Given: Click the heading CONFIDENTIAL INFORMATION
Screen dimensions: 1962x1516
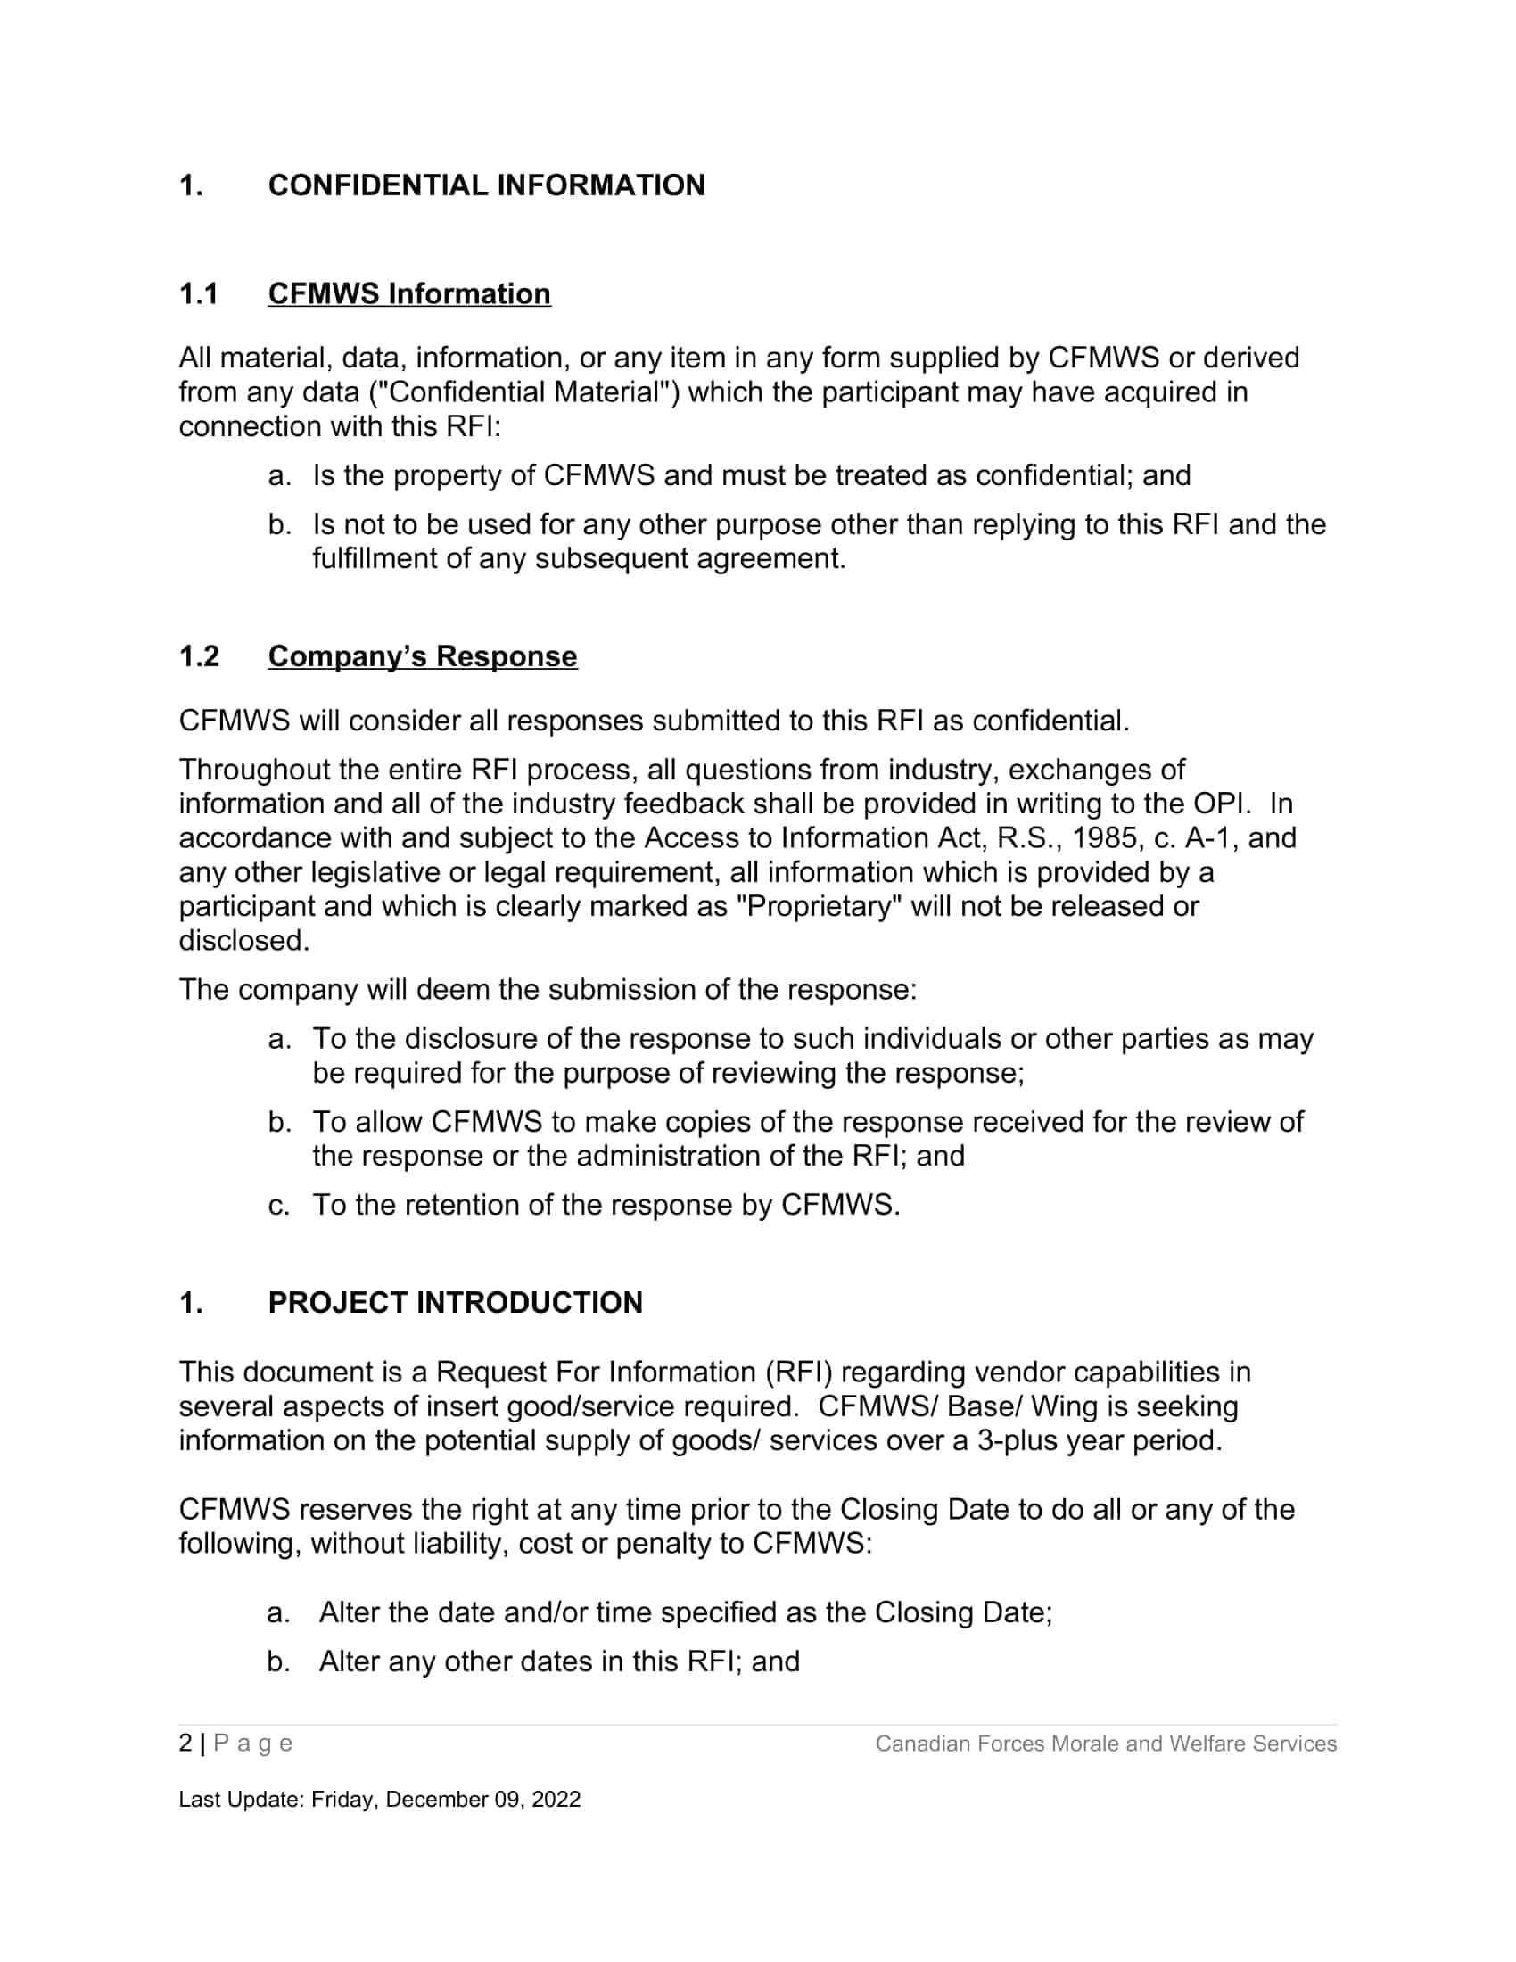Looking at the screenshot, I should click(x=486, y=185).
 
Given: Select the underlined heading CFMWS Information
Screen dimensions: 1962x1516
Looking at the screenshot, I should click(x=408, y=293).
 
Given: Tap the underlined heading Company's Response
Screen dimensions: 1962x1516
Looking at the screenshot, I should click(x=422, y=655).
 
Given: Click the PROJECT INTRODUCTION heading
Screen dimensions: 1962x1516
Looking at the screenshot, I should click(x=455, y=1303).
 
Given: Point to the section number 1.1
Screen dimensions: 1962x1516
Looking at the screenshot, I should click(x=199, y=293).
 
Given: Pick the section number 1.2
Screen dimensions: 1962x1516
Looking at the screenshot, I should click(x=199, y=655).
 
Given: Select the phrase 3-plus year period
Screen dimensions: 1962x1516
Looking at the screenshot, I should click(x=1100, y=1440).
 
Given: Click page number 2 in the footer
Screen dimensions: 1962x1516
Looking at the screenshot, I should click(x=185, y=1743).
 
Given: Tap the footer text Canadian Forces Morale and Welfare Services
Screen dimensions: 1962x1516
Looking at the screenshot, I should click(x=1106, y=1744).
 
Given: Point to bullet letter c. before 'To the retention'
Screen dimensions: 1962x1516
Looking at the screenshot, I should click(x=278, y=1205).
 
